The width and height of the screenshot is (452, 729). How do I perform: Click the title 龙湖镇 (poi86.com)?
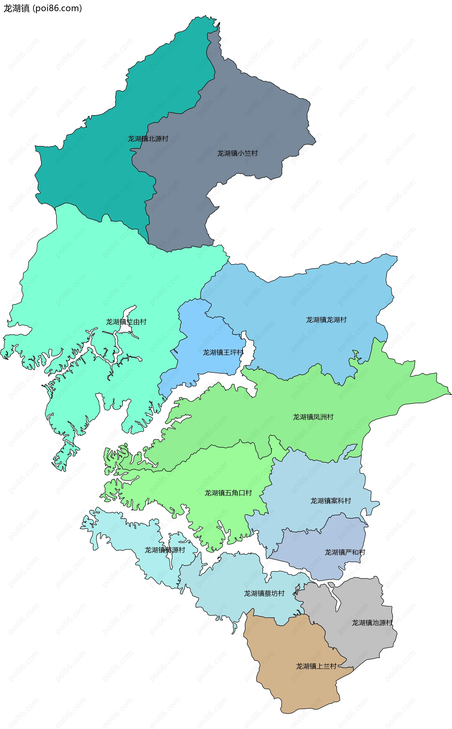coord(42,8)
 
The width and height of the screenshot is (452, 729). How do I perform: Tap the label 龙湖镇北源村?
coord(148,139)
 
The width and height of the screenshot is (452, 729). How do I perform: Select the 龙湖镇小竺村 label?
coord(237,153)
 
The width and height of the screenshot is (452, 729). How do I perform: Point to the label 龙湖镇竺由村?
coord(126,322)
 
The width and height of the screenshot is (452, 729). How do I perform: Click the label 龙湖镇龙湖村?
coord(326,320)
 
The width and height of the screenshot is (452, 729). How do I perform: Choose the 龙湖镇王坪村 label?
coord(223,352)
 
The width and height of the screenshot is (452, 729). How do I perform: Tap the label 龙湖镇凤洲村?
coord(313,417)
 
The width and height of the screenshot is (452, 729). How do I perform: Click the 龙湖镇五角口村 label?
coord(228,493)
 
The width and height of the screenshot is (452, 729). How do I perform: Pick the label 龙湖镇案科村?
coord(330,501)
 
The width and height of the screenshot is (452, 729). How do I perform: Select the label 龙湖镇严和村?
coord(345,552)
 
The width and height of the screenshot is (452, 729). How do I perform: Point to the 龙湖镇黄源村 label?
coord(165,550)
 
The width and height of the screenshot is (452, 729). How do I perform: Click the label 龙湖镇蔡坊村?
coord(264,593)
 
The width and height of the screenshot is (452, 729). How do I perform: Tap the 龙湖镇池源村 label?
coord(372,623)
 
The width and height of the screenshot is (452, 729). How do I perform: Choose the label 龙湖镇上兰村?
coord(316,666)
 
